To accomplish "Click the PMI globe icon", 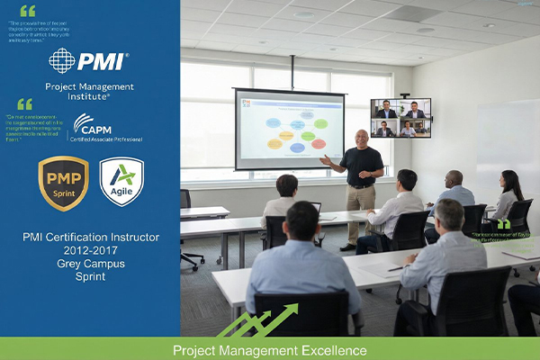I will click(62, 61).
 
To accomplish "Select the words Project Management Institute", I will click(90, 90).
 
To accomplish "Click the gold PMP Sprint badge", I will click(63, 183).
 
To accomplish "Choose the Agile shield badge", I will click(121, 182).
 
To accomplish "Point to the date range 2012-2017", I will click(90, 251).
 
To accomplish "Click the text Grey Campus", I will click(90, 265).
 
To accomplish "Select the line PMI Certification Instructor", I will click(90, 238).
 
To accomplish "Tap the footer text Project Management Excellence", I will click(270, 349).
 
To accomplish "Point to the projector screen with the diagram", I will click(289, 128).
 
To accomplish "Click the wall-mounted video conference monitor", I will click(400, 118).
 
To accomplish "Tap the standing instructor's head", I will click(362, 138).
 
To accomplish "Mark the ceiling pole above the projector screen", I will click(292, 72).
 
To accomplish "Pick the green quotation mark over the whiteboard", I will click(503, 223).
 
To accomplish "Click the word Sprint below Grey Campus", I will click(90, 277).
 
